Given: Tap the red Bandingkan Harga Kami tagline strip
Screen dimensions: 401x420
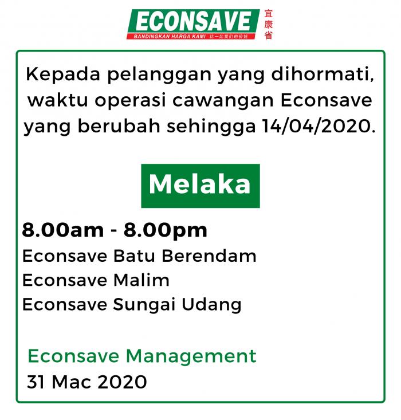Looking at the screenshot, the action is pyautogui.click(x=191, y=37).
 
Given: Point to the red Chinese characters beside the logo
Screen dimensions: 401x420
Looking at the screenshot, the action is pyautogui.click(x=268, y=25).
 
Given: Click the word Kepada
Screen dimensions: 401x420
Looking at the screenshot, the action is pyautogui.click(x=63, y=74).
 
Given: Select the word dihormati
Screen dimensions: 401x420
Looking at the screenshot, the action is pyautogui.click(x=323, y=74).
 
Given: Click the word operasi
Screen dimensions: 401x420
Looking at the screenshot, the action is pyautogui.click(x=130, y=101).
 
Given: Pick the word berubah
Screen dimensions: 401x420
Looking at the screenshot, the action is pyautogui.click(x=119, y=125).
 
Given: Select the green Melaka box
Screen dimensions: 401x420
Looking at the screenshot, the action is pyautogui.click(x=200, y=186).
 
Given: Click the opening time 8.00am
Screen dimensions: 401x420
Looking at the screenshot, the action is pyautogui.click(x=63, y=230).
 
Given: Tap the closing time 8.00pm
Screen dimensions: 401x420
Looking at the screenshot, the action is pyautogui.click(x=166, y=231).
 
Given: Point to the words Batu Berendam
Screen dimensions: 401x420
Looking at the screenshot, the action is pyautogui.click(x=185, y=256).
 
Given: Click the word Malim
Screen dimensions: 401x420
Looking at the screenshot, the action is pyautogui.click(x=141, y=280).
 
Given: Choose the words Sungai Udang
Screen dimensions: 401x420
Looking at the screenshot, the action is pyautogui.click(x=177, y=305).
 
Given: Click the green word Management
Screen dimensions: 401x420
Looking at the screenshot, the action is pyautogui.click(x=191, y=357).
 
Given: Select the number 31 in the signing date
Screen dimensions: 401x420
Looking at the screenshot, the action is pyautogui.click(x=36, y=382).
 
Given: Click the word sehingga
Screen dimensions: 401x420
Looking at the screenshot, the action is pyautogui.click(x=211, y=127).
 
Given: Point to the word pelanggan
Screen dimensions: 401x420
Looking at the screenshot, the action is pyautogui.click(x=159, y=75).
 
